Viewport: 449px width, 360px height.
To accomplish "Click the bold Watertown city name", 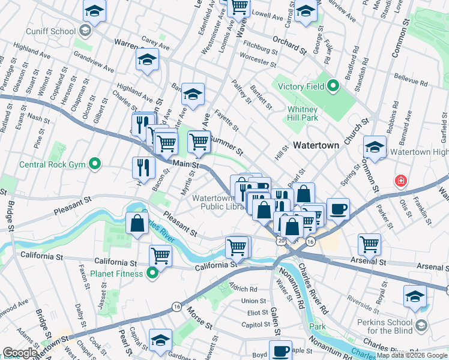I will click(316, 145).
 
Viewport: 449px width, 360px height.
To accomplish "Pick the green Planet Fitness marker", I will click(152, 274).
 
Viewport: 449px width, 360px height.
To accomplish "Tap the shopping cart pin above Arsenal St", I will click(369, 244).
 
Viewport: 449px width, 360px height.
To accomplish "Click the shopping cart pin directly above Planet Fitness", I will click(161, 256).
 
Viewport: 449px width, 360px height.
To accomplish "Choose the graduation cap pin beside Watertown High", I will click(374, 147).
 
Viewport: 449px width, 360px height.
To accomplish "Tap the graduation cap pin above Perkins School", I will click(415, 296).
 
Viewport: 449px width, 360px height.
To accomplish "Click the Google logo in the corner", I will click(20, 353).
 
